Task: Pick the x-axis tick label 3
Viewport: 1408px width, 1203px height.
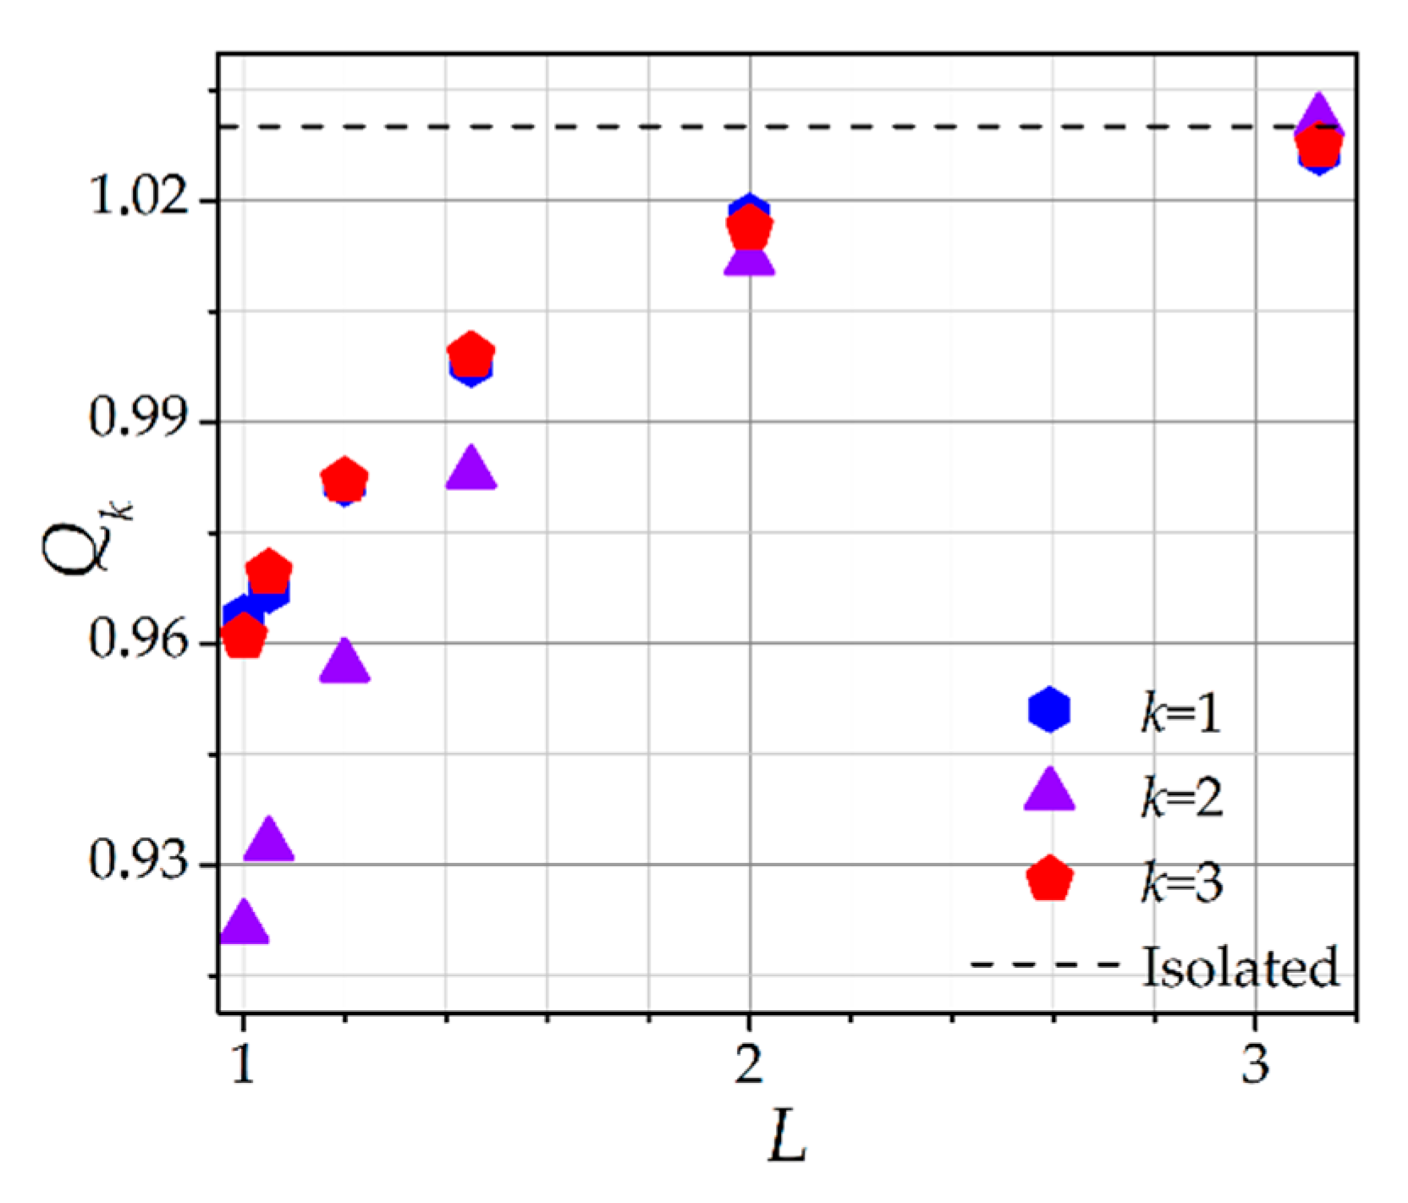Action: tap(1255, 1064)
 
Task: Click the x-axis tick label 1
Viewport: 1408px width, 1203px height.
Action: tap(244, 1064)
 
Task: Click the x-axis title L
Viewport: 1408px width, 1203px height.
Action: tap(787, 1139)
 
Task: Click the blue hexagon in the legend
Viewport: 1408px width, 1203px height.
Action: tap(1049, 709)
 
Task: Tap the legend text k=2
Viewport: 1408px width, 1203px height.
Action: tap(1181, 797)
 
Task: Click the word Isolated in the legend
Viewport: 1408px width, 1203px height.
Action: tap(1240, 966)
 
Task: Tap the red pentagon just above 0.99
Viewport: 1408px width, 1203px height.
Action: tap(470, 354)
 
